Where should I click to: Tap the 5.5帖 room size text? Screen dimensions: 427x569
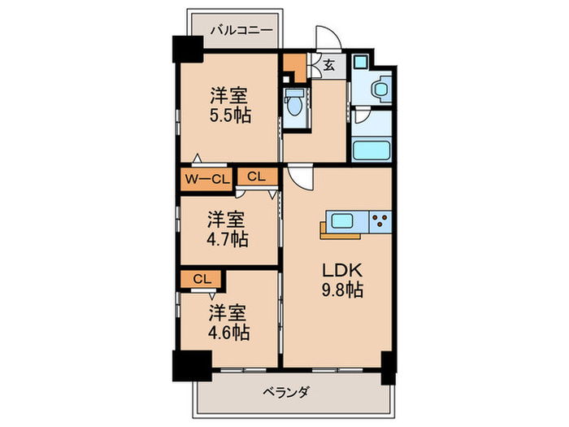click(x=230, y=115)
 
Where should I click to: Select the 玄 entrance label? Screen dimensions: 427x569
click(x=328, y=66)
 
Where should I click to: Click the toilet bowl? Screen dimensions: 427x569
click(x=294, y=105)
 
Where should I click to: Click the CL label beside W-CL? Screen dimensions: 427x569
click(x=256, y=176)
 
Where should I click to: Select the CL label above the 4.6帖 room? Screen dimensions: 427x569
click(x=202, y=279)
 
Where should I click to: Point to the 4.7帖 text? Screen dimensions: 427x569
click(x=228, y=240)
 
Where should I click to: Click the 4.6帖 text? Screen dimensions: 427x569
click(x=228, y=332)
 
